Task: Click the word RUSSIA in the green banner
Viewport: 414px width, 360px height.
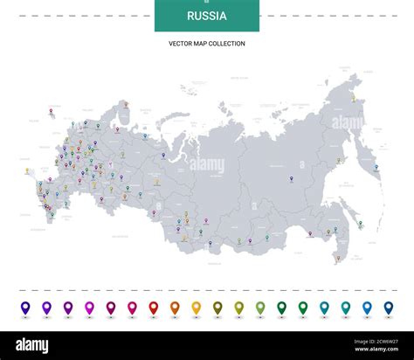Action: point(207,16)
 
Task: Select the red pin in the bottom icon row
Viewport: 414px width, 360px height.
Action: point(154,308)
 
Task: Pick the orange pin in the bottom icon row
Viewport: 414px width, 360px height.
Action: point(175,308)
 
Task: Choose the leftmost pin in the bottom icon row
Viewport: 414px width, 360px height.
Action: point(25,308)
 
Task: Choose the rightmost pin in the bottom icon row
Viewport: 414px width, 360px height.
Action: point(387,308)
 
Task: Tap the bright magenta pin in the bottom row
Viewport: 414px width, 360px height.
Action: point(89,308)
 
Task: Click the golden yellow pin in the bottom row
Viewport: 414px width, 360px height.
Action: point(196,308)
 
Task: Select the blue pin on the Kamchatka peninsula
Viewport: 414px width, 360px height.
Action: point(375,168)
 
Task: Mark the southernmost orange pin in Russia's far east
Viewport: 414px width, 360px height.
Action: point(339,257)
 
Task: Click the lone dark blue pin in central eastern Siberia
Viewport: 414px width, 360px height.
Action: point(289,182)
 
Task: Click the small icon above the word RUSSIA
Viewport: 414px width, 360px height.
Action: point(207,3)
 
